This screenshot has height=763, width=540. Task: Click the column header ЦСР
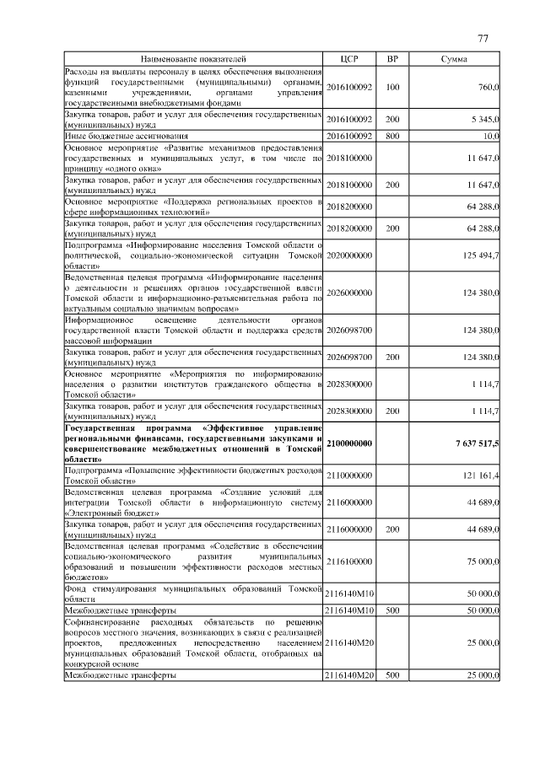tap(349, 60)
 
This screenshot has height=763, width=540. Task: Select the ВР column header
tap(392, 60)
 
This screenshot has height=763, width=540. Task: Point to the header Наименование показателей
tap(193, 60)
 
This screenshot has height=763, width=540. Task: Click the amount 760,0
tap(489, 87)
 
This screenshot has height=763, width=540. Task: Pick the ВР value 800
tap(392, 135)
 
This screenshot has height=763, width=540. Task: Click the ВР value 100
tap(392, 87)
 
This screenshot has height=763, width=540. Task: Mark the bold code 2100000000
tap(349, 443)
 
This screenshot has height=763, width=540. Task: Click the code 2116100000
tap(349, 558)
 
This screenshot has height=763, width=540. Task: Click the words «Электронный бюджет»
tap(100, 513)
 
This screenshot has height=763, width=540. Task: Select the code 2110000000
tap(349, 476)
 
